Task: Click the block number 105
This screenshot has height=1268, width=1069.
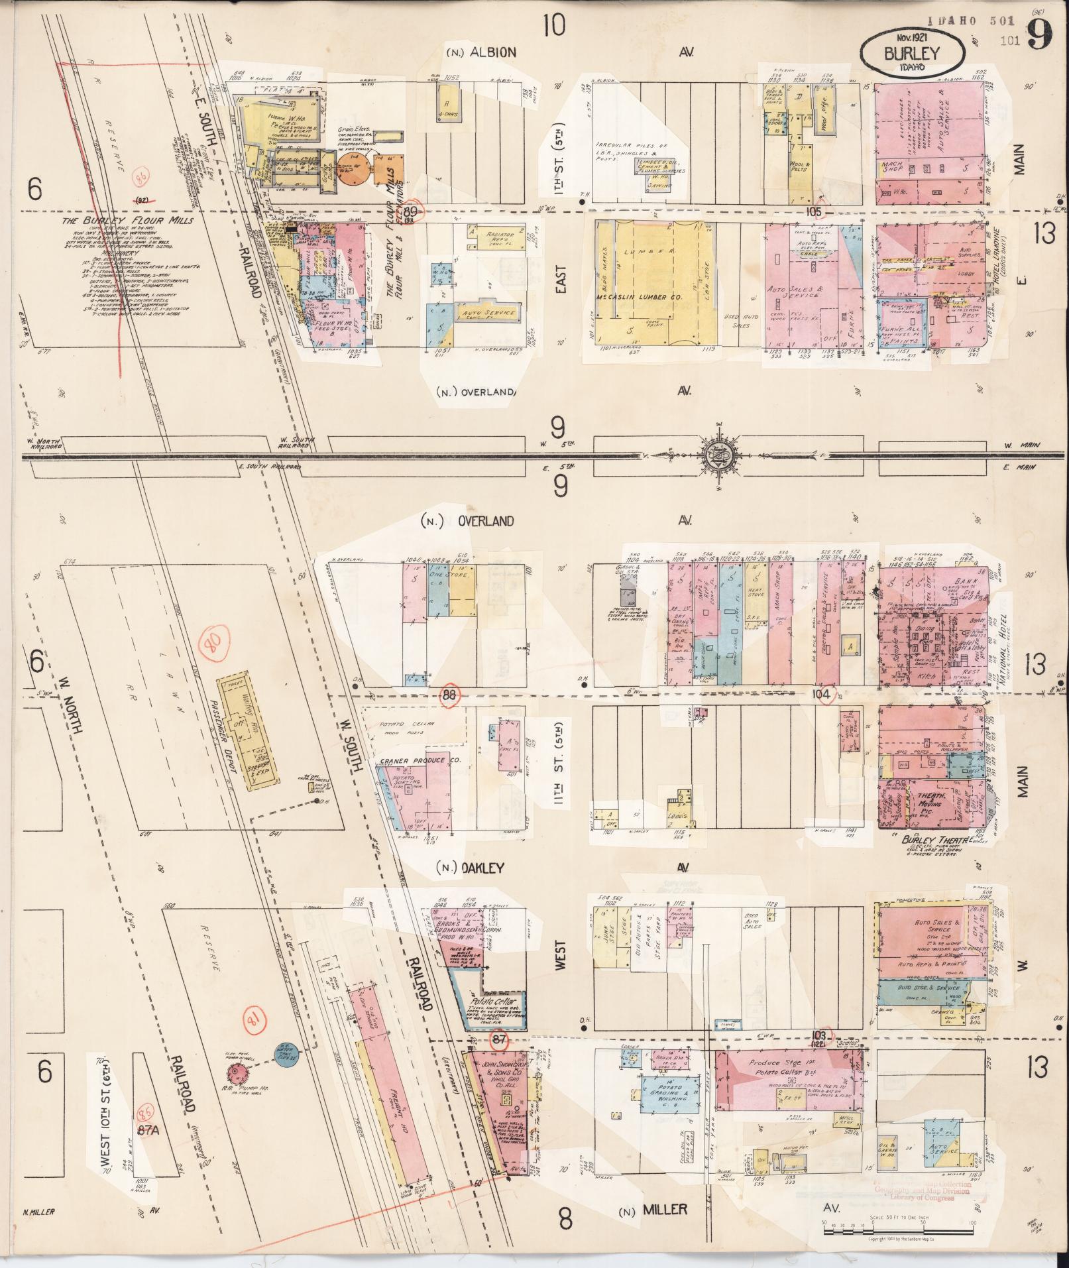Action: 814,211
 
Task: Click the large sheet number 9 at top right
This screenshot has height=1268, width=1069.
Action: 1040,34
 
